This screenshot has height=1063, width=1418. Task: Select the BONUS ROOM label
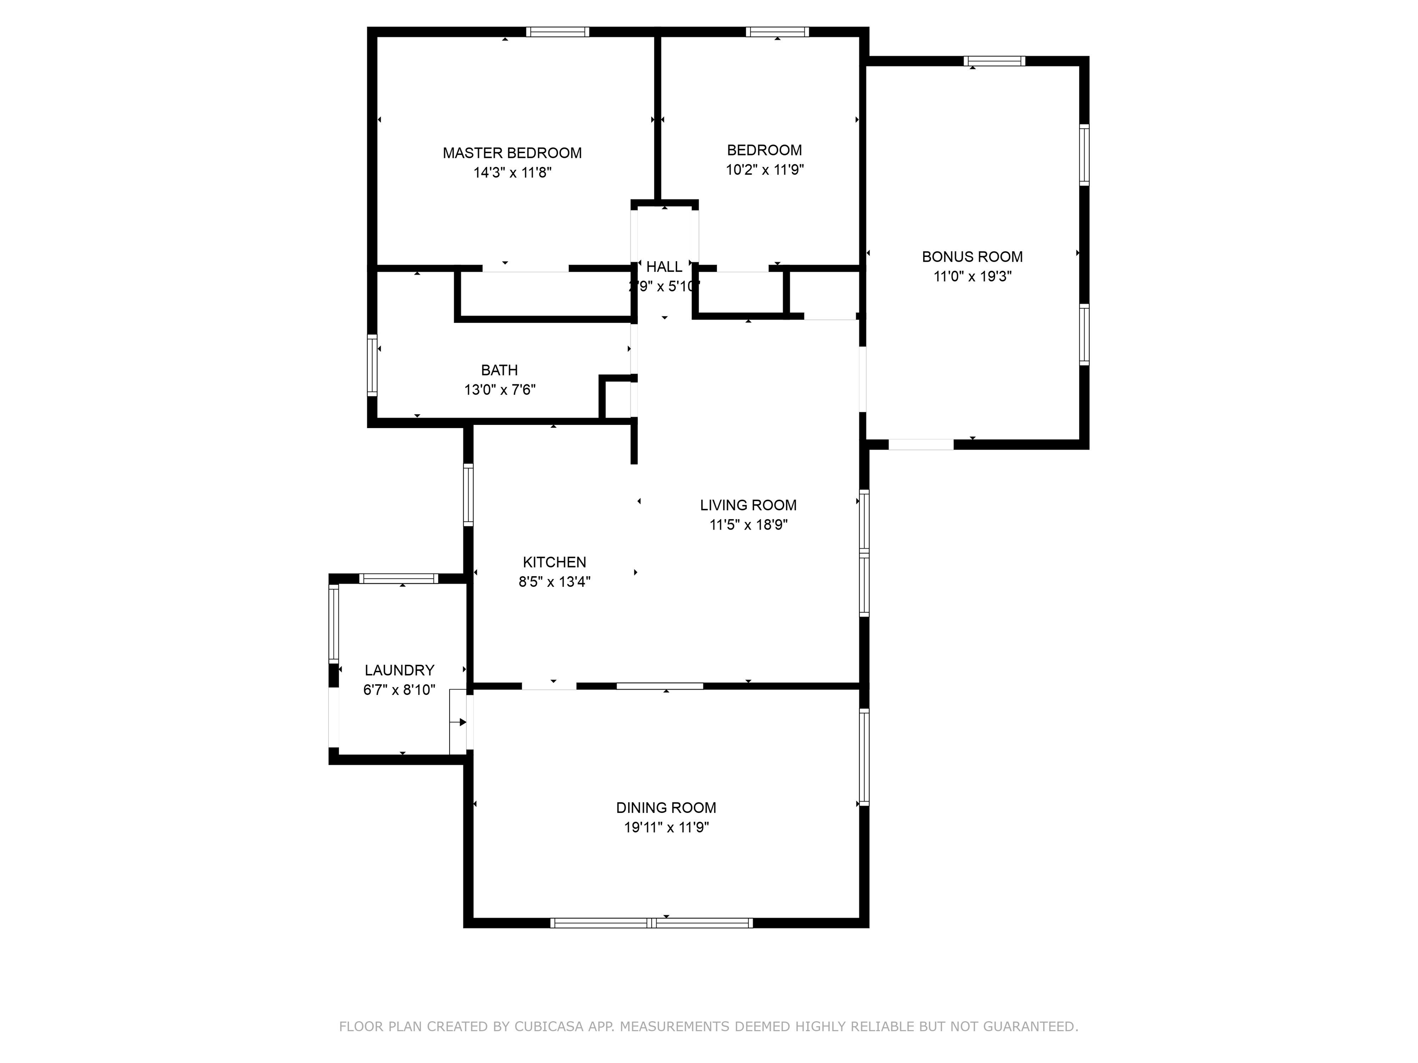pos(972,257)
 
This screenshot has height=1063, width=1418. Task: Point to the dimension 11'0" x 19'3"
pos(972,277)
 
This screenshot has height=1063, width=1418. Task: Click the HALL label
pos(664,267)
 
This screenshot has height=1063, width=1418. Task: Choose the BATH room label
pos(499,370)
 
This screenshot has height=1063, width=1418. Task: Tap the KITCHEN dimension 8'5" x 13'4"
pos(554,582)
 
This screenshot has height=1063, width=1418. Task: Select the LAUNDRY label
pos(399,670)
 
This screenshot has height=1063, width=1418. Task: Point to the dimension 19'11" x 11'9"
pos(666,827)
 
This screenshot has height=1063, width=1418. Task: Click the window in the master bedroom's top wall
pos(557,32)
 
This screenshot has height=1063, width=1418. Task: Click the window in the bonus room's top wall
pos(994,61)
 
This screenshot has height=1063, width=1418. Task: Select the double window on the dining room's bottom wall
pos(651,923)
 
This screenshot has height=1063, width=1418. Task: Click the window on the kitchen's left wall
pos(468,495)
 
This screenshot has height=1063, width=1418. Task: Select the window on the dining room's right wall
pos(864,757)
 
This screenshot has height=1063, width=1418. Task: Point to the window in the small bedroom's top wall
pos(777,32)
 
